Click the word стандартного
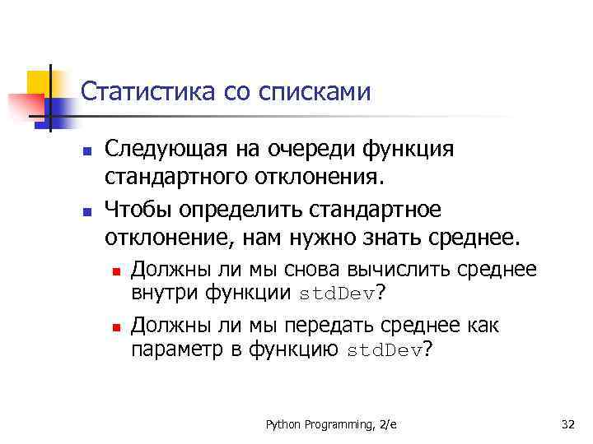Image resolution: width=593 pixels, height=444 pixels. tap(171, 177)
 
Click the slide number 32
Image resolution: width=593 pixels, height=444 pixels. tap(567, 424)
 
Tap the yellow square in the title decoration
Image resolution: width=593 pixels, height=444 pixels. tap(39, 82)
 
